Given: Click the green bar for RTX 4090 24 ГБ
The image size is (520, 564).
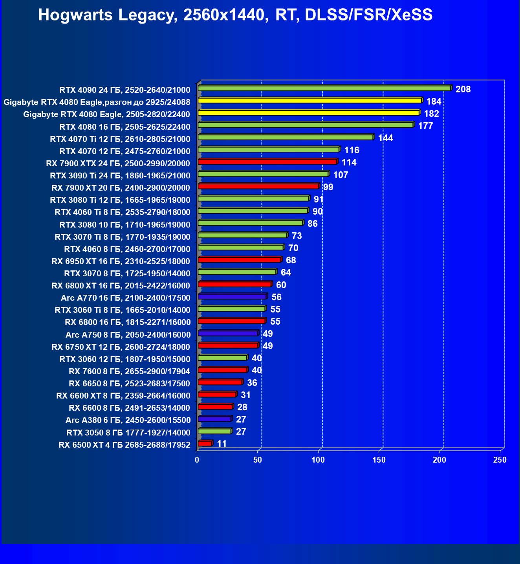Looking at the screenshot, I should coord(324,88).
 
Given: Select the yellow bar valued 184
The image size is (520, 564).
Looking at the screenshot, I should coord(310,101).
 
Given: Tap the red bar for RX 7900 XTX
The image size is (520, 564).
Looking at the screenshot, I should coord(267,162).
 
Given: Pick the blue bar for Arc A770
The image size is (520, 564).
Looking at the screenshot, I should coord(232,296).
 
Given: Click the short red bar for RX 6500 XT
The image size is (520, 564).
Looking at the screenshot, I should coord(205,443).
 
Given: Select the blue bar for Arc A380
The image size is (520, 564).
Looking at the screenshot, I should coord(214,419).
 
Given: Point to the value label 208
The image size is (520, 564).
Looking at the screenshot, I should coord(463,89).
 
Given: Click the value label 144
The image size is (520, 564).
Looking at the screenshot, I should coord(385,138).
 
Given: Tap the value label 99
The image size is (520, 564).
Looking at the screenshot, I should coord(328,187).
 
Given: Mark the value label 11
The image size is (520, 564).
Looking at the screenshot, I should coord(222,444).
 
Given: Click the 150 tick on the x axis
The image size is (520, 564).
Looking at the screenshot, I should coord(379,460).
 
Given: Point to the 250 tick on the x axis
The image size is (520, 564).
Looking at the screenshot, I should coord(500,460).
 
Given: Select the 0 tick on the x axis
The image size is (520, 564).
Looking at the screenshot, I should coord(197,460).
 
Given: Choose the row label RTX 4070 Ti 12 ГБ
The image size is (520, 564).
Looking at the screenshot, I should coord(120,139).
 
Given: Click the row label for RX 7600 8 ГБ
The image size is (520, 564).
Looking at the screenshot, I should coord(129,371).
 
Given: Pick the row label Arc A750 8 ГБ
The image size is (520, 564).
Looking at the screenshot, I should coord(128,334).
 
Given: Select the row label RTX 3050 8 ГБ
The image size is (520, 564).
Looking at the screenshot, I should coord(128,432).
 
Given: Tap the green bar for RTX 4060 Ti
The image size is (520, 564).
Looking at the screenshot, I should coord(253,211).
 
